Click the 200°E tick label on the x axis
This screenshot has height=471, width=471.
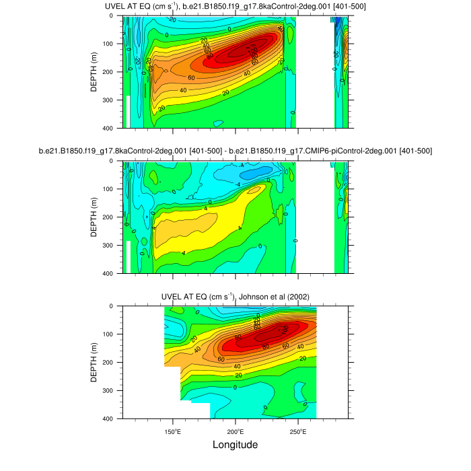[235, 431]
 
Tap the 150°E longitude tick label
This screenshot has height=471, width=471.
[173, 431]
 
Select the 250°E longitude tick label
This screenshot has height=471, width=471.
[298, 431]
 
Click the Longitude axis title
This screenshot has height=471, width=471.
[235, 445]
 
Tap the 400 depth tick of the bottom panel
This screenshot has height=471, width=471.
[112, 419]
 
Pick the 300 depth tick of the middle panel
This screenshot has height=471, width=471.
[112, 246]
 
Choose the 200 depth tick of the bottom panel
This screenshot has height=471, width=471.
[112, 362]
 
